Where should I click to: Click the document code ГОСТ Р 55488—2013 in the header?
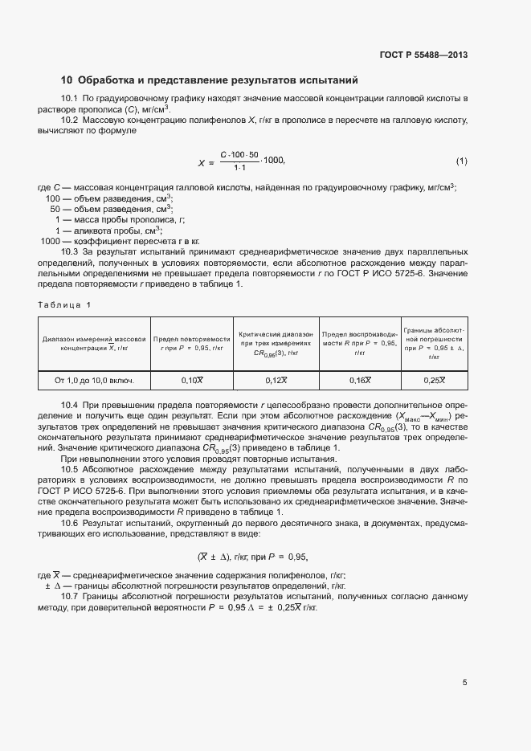(x=423, y=55)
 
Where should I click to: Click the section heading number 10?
(x=67, y=80)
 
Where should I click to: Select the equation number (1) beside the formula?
(x=461, y=161)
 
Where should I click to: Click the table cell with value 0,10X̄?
(x=192, y=380)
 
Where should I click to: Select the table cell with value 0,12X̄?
(x=276, y=380)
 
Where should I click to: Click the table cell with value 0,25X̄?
(x=434, y=380)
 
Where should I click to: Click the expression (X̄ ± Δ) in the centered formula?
(x=214, y=556)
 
